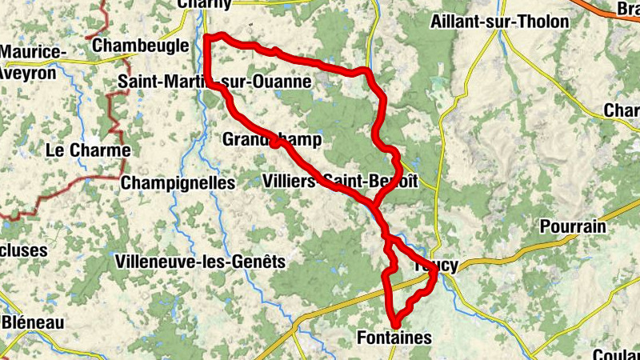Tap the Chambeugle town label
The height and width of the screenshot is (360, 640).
pos(141,46)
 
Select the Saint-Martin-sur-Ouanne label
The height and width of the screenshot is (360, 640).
pos(214,82)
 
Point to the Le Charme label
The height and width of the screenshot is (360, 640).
pos(88,150)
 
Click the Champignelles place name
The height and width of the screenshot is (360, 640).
pos(178,183)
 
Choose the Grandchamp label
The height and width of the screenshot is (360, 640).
pos(272,141)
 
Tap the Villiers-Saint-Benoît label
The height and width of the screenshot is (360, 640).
pos(340,181)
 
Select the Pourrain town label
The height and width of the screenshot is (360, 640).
pos(573,226)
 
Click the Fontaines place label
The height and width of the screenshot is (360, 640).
pos(394,338)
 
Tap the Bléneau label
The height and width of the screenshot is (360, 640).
pos(32,322)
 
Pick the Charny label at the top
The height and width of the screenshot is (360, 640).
pos(205,4)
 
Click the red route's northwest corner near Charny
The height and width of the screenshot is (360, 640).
pos(207,37)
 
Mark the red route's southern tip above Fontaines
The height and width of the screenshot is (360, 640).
pos(394,323)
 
